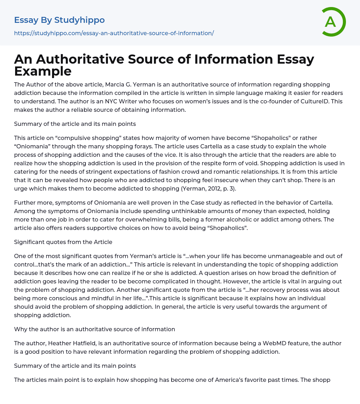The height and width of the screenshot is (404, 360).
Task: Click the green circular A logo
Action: point(333,22)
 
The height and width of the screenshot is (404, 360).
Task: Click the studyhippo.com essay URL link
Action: point(114,33)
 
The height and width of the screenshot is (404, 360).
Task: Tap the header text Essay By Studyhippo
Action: point(59,20)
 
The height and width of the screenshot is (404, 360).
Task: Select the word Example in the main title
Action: point(43,71)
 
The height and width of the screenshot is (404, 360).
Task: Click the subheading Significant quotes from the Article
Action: point(63,242)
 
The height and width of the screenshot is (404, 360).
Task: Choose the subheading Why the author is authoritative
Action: point(95,329)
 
